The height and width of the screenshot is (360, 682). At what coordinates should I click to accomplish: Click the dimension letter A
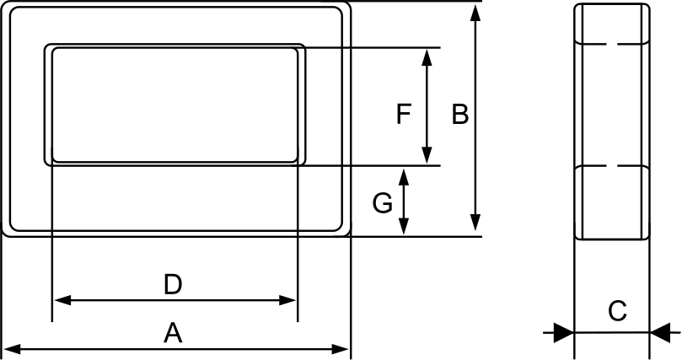(173, 334)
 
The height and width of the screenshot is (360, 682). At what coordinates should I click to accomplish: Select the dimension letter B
(459, 115)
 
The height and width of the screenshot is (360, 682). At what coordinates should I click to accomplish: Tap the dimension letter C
(617, 311)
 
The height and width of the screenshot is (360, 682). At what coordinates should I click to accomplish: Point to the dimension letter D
(173, 285)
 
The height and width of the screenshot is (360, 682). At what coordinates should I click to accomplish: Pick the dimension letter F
(404, 114)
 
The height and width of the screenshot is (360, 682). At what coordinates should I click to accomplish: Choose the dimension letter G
(382, 203)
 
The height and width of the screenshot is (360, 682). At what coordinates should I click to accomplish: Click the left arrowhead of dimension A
(11, 348)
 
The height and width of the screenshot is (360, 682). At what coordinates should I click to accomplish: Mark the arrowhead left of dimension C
(563, 331)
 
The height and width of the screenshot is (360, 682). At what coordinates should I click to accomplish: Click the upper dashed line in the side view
(612, 43)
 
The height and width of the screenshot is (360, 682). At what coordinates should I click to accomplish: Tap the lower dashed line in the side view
(612, 166)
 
